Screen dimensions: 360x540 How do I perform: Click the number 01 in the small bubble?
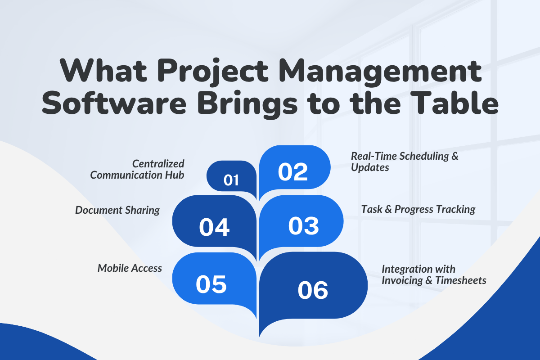[231, 180]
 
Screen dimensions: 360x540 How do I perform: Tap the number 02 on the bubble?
[293, 172]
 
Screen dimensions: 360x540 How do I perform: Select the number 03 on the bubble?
[303, 226]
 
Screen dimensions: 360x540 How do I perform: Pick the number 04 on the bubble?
[214, 227]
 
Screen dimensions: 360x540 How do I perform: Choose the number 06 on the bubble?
[313, 290]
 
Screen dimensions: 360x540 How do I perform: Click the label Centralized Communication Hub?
[137, 170]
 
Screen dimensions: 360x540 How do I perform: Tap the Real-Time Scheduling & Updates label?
[405, 162]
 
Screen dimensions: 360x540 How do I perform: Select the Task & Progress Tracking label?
[418, 209]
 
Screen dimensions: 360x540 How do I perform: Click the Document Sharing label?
[117, 210]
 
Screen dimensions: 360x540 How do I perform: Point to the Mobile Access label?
[130, 268]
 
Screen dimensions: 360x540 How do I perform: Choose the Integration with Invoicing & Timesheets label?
[434, 274]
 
